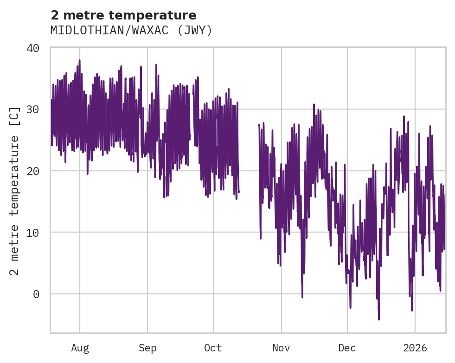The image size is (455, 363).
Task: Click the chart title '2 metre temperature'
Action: point(123,15)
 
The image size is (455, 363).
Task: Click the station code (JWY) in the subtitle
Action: point(194,31)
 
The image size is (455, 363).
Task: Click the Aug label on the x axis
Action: point(80,348)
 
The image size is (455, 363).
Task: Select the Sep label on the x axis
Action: point(147,348)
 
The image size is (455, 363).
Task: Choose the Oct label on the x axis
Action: point(213,348)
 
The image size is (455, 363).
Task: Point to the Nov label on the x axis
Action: point(281,348)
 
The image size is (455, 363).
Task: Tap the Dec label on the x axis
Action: point(347,348)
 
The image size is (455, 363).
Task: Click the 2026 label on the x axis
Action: point(415,348)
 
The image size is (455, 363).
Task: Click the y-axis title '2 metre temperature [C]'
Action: point(15,190)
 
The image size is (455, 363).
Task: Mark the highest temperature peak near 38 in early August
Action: point(79,60)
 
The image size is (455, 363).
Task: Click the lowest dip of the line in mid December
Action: point(379,319)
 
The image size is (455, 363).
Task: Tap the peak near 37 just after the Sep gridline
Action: point(156,65)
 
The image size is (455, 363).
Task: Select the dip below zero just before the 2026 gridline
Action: point(411,310)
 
